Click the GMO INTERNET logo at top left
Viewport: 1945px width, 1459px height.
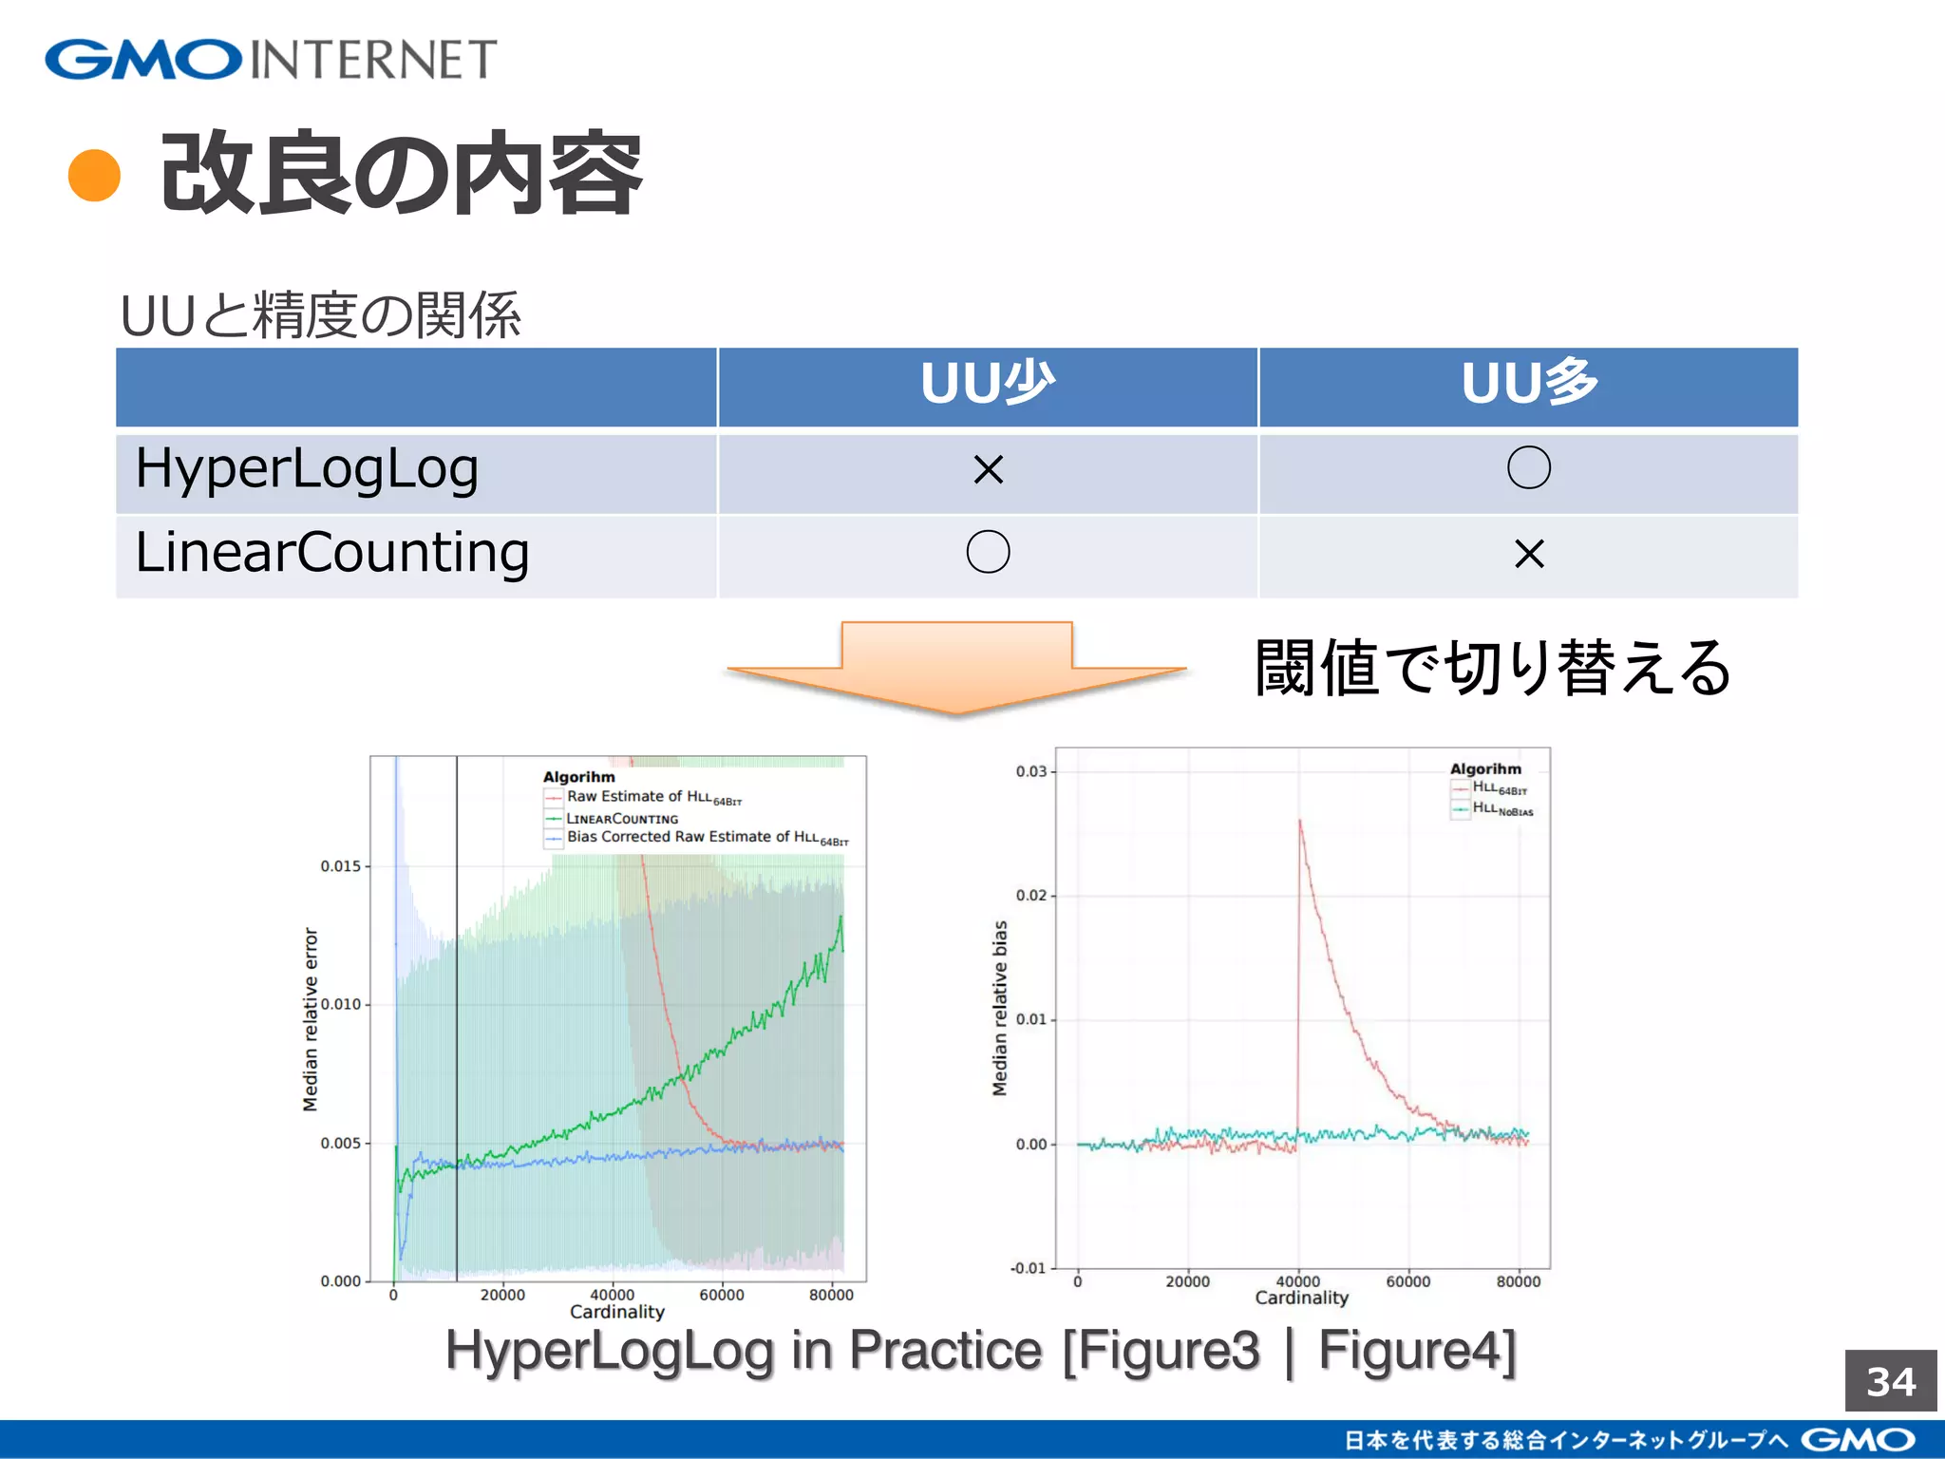pyautogui.click(x=271, y=59)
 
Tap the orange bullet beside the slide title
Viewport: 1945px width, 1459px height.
pyautogui.click(x=95, y=176)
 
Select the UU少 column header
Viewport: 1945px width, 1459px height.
pyautogui.click(x=988, y=385)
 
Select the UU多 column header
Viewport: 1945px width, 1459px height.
pyautogui.click(x=1529, y=385)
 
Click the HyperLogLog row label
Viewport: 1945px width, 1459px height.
pyautogui.click(x=307, y=469)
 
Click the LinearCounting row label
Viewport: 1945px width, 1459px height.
pyautogui.click(x=332, y=554)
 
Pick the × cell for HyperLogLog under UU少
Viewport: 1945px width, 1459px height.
pyautogui.click(x=988, y=469)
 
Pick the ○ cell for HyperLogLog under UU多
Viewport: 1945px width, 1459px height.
pyautogui.click(x=1529, y=467)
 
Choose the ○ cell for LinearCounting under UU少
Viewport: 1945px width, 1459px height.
pyautogui.click(x=988, y=552)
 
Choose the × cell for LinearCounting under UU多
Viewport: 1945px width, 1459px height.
pyautogui.click(x=1529, y=554)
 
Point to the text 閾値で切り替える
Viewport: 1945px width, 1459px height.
pyautogui.click(x=1493, y=668)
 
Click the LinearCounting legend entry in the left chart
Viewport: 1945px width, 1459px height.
pyautogui.click(x=622, y=819)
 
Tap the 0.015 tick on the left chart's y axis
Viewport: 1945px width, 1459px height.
pyautogui.click(x=340, y=866)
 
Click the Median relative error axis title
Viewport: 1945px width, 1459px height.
pyautogui.click(x=311, y=1019)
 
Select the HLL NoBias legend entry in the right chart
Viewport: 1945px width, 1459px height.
pyautogui.click(x=1501, y=809)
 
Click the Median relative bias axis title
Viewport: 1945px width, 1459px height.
pyautogui.click(x=999, y=1008)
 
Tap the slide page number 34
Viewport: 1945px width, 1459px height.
pyautogui.click(x=1890, y=1382)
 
